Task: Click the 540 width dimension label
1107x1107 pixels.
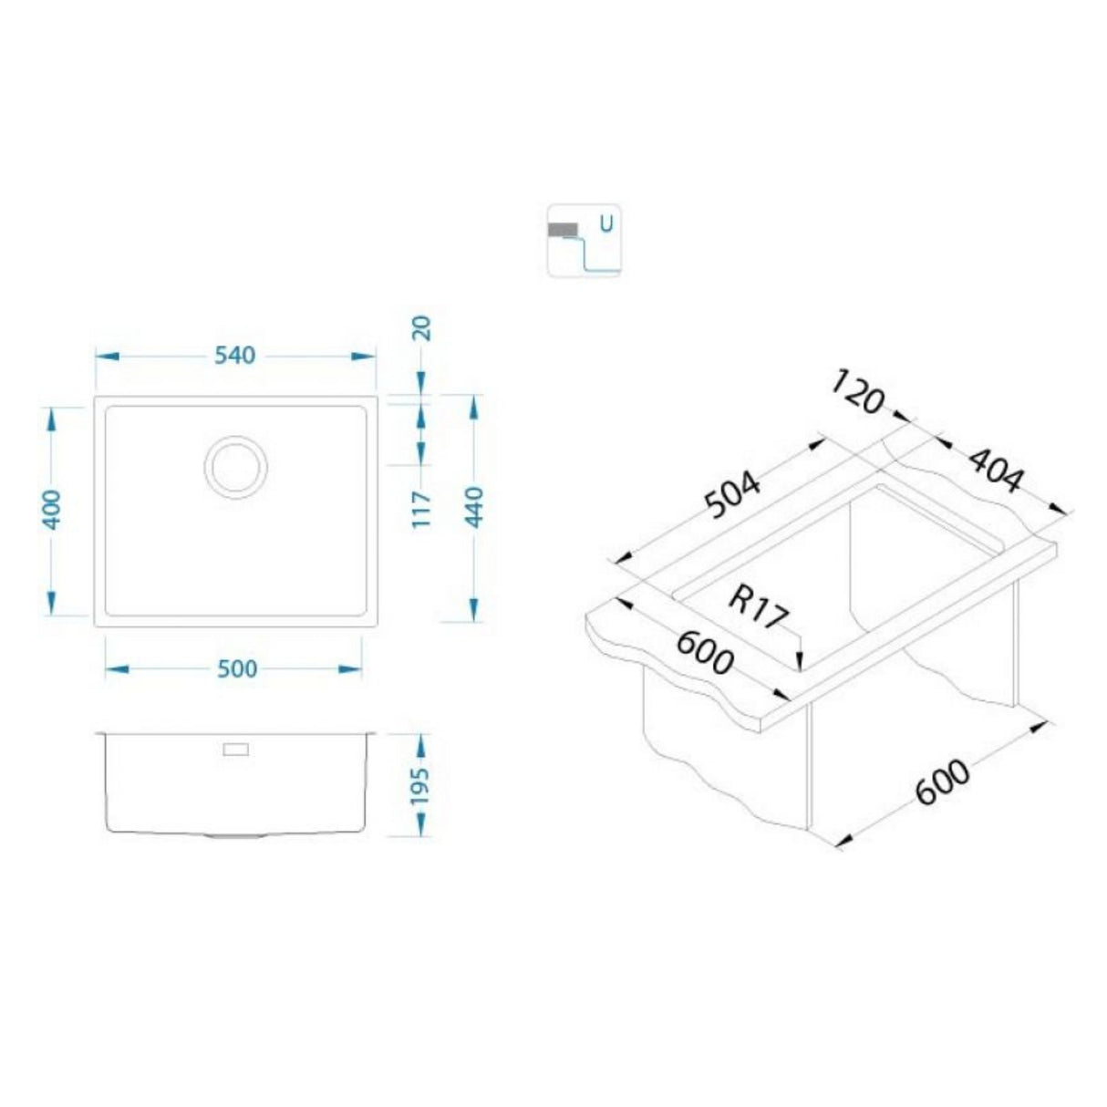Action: click(x=236, y=355)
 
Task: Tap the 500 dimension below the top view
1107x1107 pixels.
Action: click(x=237, y=669)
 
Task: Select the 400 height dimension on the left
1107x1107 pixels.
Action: click(x=52, y=511)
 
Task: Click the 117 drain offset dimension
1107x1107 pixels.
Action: click(x=421, y=511)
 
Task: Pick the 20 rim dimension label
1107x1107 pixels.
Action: click(x=421, y=327)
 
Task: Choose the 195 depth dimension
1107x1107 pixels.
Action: click(x=420, y=785)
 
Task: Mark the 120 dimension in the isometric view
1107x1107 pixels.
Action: click(x=857, y=392)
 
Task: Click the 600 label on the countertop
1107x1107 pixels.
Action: click(x=703, y=652)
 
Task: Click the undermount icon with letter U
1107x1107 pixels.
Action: click(x=584, y=240)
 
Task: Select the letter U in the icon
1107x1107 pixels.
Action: click(x=605, y=221)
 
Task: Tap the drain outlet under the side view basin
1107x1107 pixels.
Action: click(x=236, y=834)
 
